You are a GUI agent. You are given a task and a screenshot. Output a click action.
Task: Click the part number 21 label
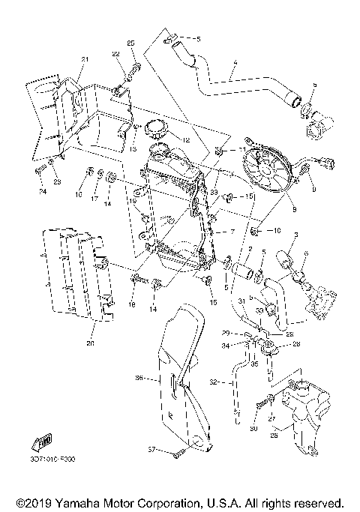pyautogui.click(x=85, y=60)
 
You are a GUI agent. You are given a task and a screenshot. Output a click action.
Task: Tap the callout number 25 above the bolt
pyautogui.click(x=132, y=46)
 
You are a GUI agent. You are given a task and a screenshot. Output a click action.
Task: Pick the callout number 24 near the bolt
pyautogui.click(x=43, y=193)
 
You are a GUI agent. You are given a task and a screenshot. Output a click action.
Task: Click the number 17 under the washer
pyautogui.click(x=95, y=199)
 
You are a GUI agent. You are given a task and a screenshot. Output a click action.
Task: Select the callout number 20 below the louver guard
pyautogui.click(x=91, y=344)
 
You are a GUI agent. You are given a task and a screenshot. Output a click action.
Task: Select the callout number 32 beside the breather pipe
pyautogui.click(x=214, y=382)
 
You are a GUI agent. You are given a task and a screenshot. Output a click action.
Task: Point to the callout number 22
pyautogui.click(x=116, y=55)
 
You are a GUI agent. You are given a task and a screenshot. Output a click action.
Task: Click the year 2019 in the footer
pyautogui.click(x=33, y=501)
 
